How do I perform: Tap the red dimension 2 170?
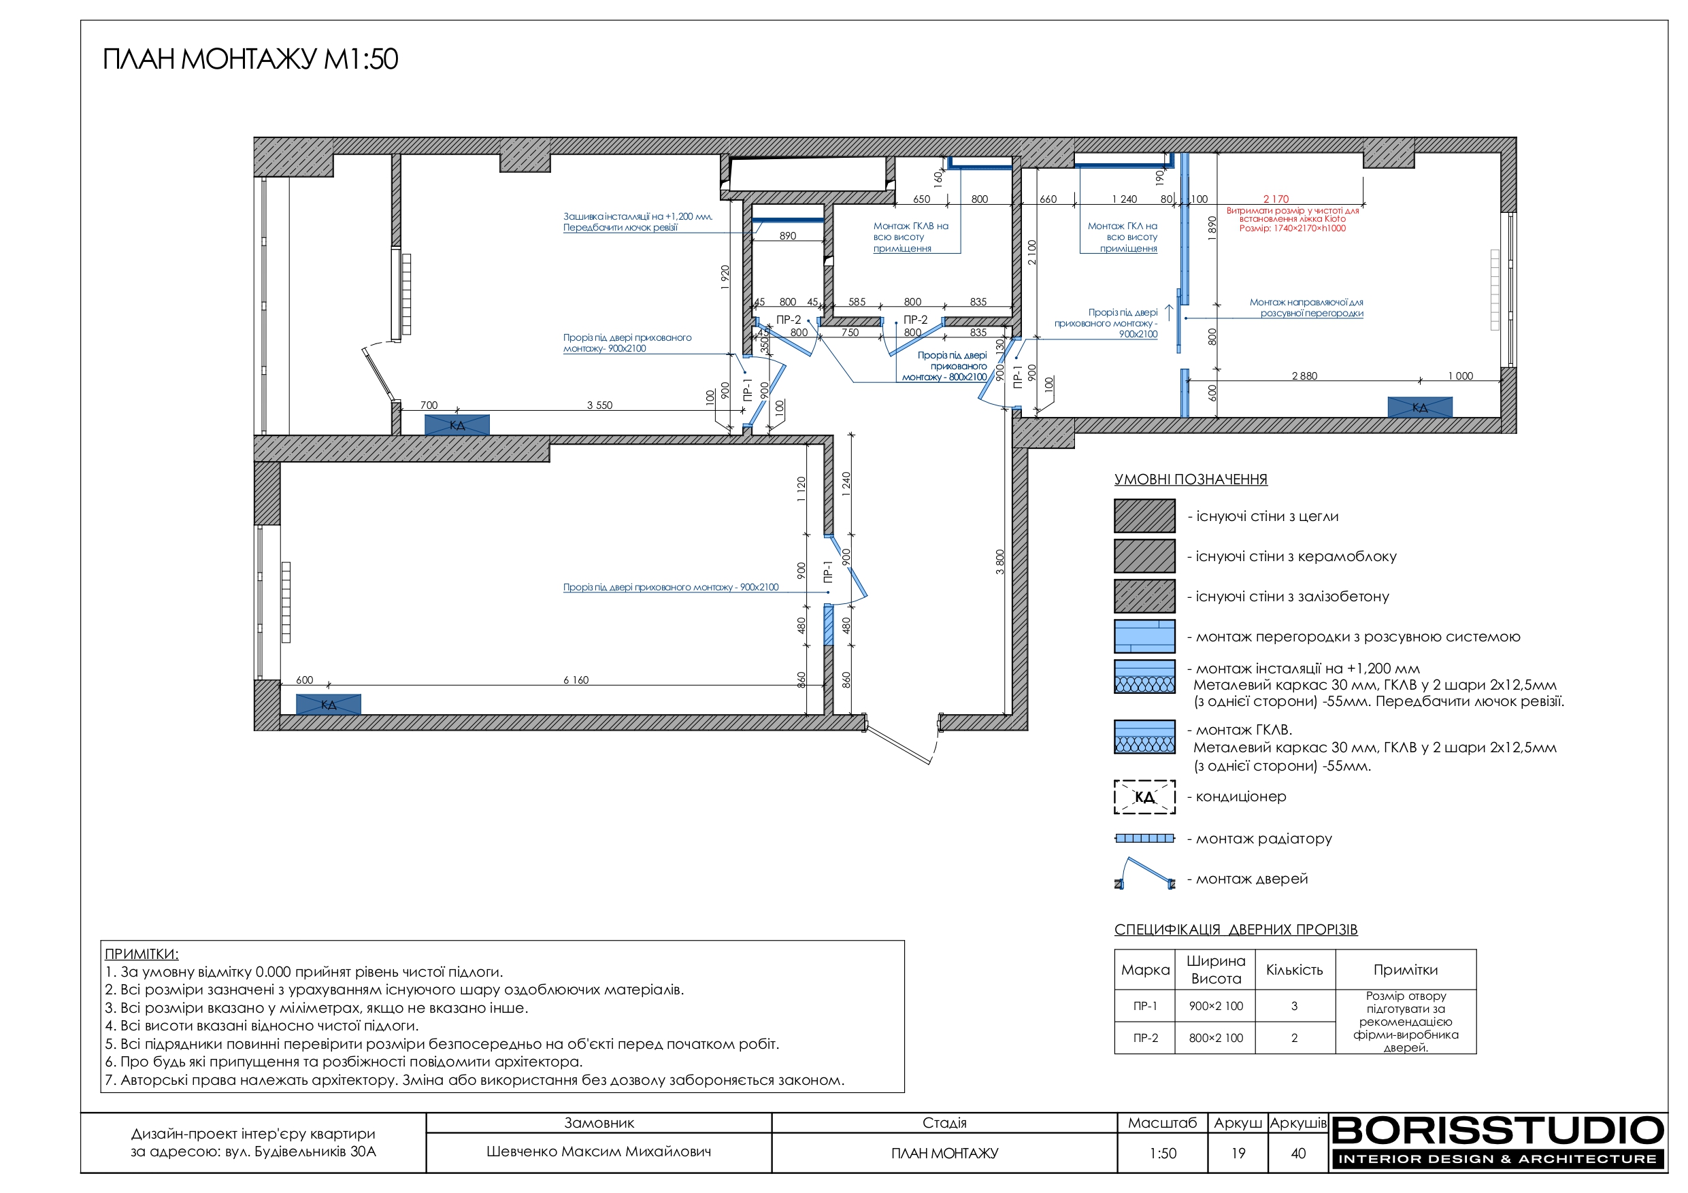pos(1276,199)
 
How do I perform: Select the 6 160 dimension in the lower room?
pos(576,680)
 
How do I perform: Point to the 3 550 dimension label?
pos(599,405)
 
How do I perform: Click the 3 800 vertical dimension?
pos(1000,562)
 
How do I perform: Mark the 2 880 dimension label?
pos(1304,375)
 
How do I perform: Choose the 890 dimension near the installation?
pos(787,236)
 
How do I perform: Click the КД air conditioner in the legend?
pos(1144,796)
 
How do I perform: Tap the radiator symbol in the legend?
pos(1144,838)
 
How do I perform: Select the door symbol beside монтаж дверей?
pos(1144,873)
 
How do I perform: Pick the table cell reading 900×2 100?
pos(1216,1005)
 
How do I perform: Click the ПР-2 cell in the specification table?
pos(1146,1038)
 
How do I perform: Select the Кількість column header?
pos(1294,969)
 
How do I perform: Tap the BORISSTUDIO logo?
pos(1497,1142)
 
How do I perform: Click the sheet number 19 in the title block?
pos(1238,1154)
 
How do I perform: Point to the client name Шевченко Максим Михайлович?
pos(599,1152)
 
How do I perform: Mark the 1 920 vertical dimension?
pos(725,278)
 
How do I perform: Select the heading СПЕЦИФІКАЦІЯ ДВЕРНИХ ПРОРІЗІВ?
pos(1236,929)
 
